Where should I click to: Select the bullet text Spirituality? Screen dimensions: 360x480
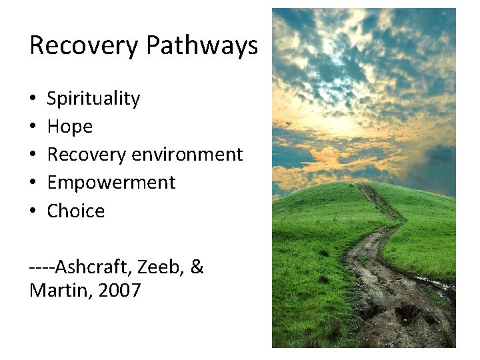tap(93, 99)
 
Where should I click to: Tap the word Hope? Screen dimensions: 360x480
tap(70, 127)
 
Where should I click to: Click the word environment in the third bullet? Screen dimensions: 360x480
tap(189, 155)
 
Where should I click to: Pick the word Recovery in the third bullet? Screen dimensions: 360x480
tap(87, 155)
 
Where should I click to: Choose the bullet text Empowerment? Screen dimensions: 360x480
tap(111, 183)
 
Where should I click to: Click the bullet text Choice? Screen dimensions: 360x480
tap(76, 211)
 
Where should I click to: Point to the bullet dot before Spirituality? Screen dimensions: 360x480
tap(33, 99)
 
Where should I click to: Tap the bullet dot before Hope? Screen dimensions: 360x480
tap(33, 127)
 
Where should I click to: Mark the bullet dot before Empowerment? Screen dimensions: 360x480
tap(33, 183)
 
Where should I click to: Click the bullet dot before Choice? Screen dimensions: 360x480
tap(33, 211)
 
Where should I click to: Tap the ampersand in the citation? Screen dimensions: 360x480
tap(197, 268)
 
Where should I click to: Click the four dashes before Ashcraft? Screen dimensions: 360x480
tap(42, 269)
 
